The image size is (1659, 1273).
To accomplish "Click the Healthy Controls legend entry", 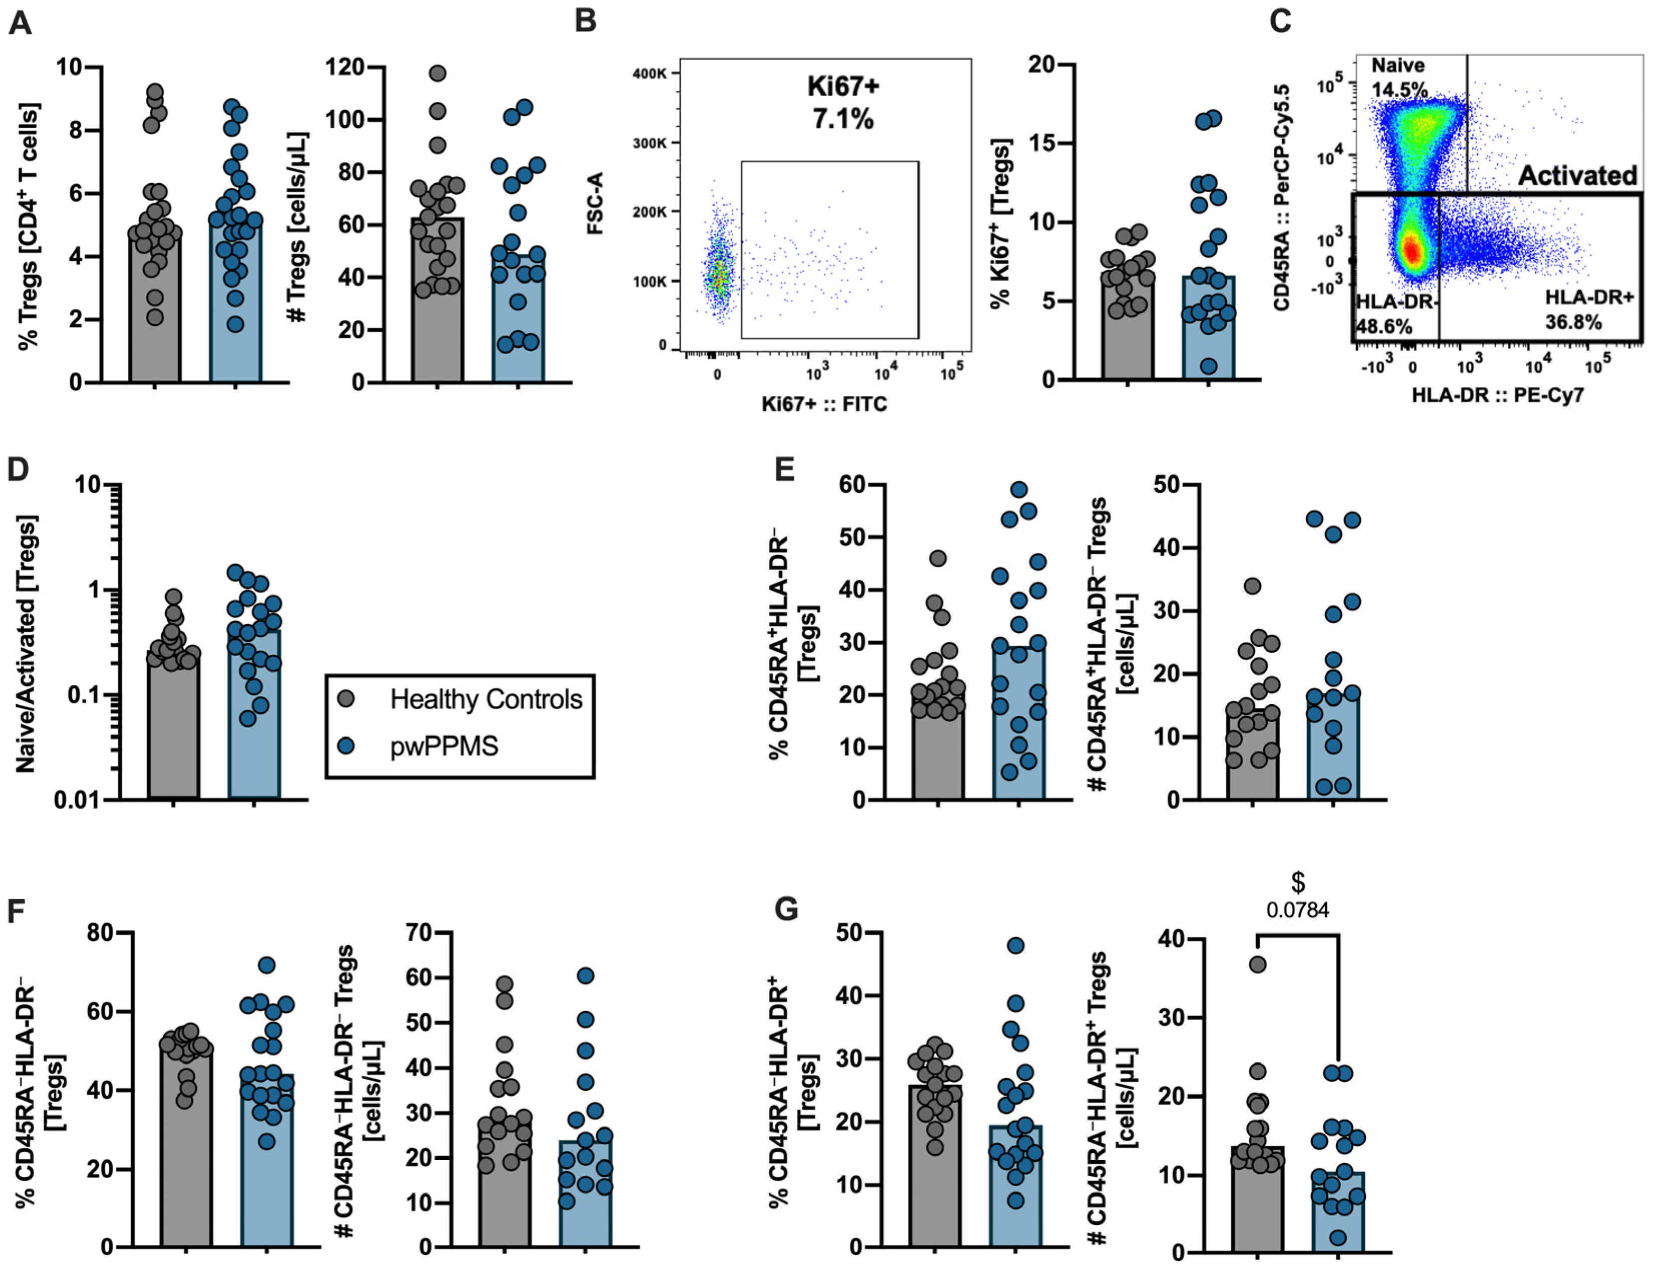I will pyautogui.click(x=485, y=699).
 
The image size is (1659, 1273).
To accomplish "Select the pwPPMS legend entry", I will pyautogui.click(x=444, y=746).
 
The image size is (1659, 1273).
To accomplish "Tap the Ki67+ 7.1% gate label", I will pyautogui.click(x=843, y=102).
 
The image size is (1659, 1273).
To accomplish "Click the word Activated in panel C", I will pyautogui.click(x=1577, y=176).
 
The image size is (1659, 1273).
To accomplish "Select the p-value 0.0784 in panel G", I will pyautogui.click(x=1298, y=910).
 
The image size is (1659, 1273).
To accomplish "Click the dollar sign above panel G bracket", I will pyautogui.click(x=1298, y=882).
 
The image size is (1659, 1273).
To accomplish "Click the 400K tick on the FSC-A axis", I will pyautogui.click(x=650, y=74).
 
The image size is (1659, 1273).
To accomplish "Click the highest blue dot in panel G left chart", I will pyautogui.click(x=1016, y=946).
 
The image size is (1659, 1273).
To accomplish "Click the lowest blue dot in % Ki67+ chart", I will pyautogui.click(x=1208, y=367).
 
